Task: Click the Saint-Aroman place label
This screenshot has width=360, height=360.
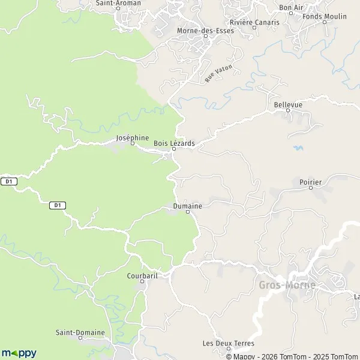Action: (x=119, y=3)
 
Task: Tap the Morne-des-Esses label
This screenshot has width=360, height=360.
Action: (x=205, y=31)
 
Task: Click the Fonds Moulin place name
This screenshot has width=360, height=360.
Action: (x=325, y=16)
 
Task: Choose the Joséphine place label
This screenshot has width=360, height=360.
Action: (x=132, y=137)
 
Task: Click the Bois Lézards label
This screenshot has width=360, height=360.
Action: (x=174, y=143)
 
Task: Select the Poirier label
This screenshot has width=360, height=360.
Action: (x=311, y=181)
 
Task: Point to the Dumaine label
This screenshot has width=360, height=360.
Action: (x=187, y=206)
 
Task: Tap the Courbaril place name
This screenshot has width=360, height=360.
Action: (x=142, y=276)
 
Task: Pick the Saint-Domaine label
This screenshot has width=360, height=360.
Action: (x=80, y=332)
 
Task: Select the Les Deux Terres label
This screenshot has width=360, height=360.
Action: (x=229, y=343)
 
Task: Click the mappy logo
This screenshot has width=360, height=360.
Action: (x=19, y=353)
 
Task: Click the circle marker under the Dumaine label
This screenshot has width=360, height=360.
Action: (x=187, y=212)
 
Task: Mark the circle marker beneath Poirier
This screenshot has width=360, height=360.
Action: (x=311, y=188)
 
